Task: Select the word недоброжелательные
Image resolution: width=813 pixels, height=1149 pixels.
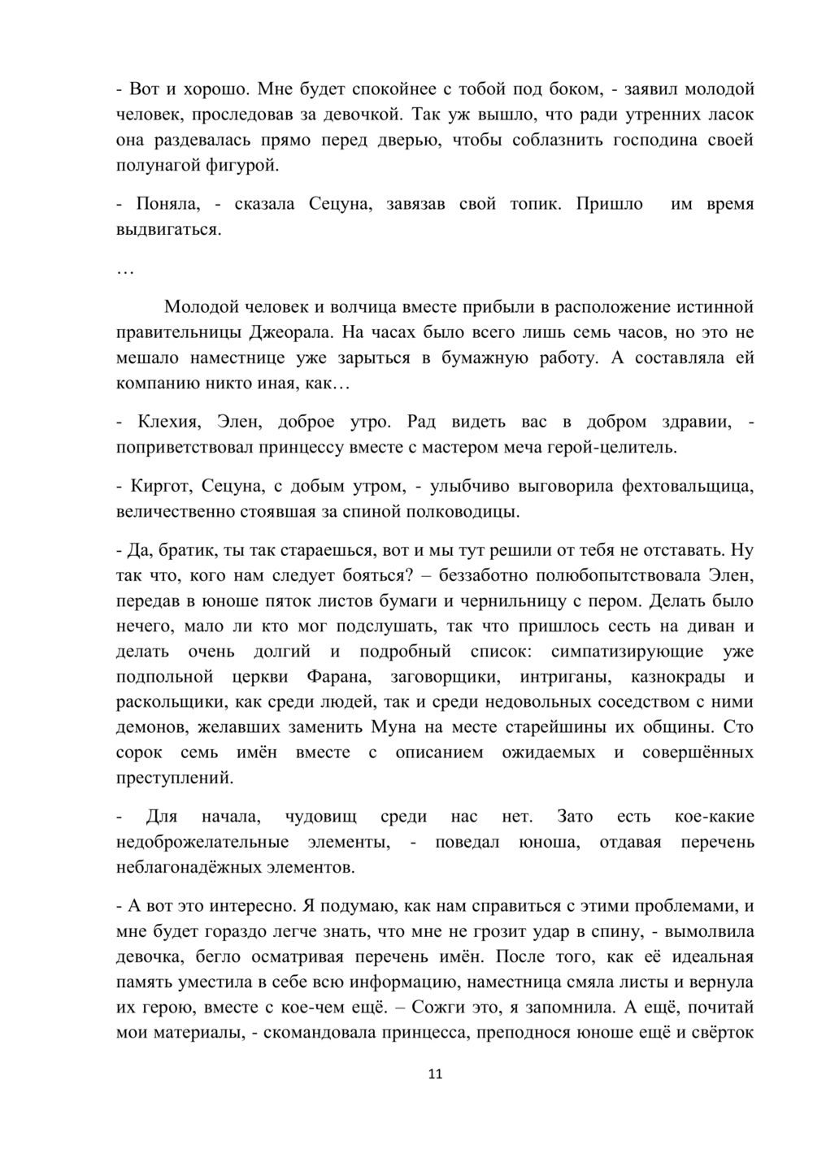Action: pyautogui.click(x=203, y=842)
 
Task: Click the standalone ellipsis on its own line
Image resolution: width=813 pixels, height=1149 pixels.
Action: pyautogui.click(x=125, y=271)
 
